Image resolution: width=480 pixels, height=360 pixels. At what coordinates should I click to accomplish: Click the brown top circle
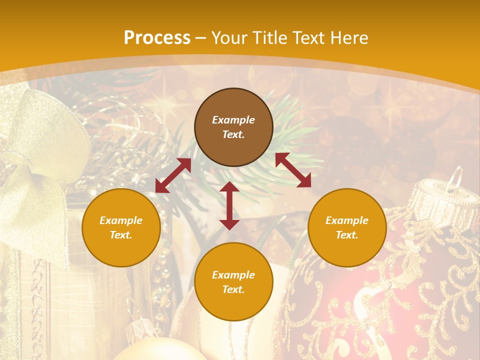pyautogui.click(x=233, y=127)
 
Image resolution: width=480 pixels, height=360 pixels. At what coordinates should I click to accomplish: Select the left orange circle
pyautogui.click(x=121, y=227)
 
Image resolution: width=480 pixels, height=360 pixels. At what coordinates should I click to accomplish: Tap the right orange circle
pyautogui.click(x=347, y=227)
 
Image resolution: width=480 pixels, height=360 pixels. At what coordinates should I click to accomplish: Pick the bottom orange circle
pyautogui.click(x=233, y=282)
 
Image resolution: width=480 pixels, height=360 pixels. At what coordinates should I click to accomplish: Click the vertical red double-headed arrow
pyautogui.click(x=229, y=205)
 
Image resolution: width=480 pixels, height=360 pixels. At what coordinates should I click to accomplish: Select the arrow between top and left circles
pyautogui.click(x=173, y=175)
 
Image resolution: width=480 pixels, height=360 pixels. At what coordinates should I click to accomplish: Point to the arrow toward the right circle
pyautogui.click(x=293, y=170)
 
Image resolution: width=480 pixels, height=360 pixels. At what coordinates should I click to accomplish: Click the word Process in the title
pyautogui.click(x=157, y=38)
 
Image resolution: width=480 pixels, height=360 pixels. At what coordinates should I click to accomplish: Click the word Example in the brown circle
pyautogui.click(x=233, y=120)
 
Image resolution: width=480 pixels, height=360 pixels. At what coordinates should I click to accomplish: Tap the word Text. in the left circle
pyautogui.click(x=121, y=235)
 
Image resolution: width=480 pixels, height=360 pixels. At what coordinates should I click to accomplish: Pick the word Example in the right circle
pyautogui.click(x=347, y=220)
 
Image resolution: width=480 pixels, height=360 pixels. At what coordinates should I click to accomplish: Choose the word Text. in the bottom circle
pyautogui.click(x=233, y=289)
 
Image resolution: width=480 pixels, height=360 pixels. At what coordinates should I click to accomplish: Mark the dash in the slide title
pyautogui.click(x=201, y=38)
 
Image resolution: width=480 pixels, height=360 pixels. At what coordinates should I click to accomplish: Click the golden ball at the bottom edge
pyautogui.click(x=155, y=352)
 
